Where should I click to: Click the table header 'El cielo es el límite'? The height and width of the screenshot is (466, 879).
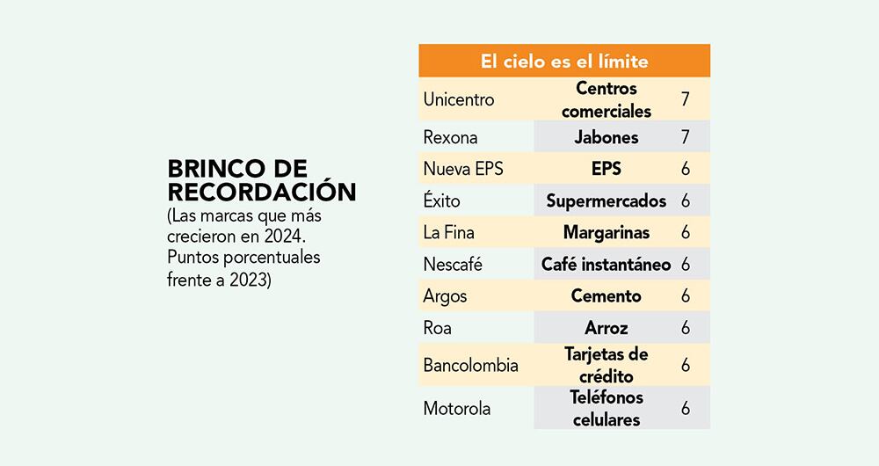coord(563,62)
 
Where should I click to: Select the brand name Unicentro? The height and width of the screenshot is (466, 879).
coord(458,99)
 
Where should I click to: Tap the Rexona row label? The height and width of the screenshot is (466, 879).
coord(451,137)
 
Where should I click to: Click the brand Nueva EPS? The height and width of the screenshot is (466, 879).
coord(463,169)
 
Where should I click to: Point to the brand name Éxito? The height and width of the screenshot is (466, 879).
coord(441,200)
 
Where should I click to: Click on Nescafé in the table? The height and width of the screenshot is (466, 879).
coord(453,264)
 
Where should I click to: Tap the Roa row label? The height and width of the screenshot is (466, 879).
coord(437,327)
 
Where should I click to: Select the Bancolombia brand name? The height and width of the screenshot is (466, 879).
coord(470,365)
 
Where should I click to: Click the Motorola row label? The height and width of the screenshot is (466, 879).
coord(457,409)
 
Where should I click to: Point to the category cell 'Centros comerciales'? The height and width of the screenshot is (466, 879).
coord(606,99)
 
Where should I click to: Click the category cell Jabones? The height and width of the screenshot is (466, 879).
coord(606,137)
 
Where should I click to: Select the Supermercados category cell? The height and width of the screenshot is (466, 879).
coord(606,200)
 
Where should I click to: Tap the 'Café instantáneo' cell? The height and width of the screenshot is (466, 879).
coord(606,264)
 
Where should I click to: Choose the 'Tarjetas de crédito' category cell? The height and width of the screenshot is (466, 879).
coord(606,365)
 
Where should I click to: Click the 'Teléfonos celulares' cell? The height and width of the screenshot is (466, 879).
coord(606,409)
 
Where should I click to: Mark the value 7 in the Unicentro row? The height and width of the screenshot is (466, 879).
coord(685,99)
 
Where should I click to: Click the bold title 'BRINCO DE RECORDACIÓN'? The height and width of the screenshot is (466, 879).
coord(261,180)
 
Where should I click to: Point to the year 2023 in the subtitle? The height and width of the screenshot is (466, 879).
coord(247,280)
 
